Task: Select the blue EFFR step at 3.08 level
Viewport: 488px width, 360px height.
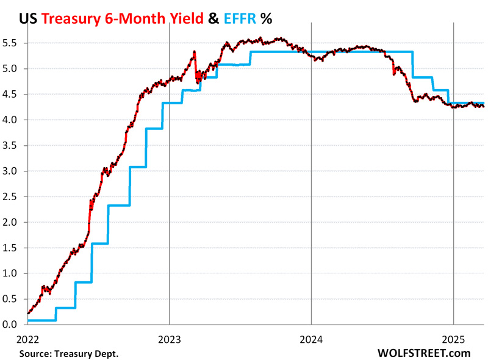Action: [138, 167]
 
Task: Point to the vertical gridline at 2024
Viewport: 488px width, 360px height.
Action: [311, 183]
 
